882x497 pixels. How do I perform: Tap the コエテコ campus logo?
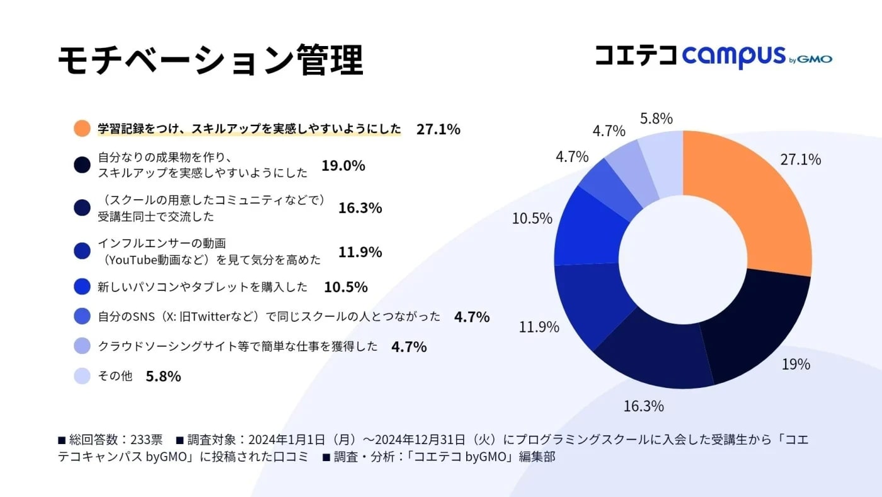(x=713, y=57)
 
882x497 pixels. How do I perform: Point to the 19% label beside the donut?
(x=796, y=364)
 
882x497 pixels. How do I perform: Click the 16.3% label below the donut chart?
(x=643, y=406)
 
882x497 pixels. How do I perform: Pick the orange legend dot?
(x=82, y=129)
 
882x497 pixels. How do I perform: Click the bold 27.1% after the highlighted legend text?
(x=438, y=129)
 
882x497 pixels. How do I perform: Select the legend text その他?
(x=115, y=377)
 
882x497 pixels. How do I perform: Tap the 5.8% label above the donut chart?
(x=656, y=118)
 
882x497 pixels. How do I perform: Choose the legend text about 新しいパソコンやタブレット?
(x=202, y=287)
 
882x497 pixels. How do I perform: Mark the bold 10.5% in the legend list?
(x=345, y=287)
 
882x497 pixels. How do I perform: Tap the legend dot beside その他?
(x=82, y=377)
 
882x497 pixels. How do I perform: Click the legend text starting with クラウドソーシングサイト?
(x=238, y=346)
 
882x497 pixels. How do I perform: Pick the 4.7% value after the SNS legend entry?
(x=471, y=317)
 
